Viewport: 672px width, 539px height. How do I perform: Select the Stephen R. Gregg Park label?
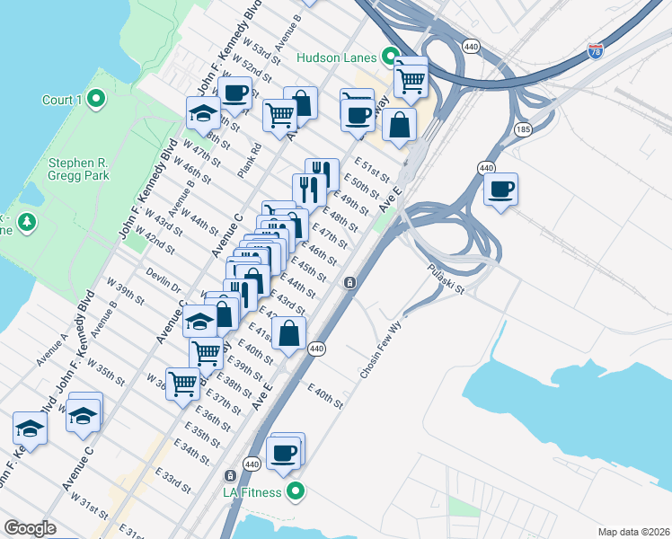point(79,169)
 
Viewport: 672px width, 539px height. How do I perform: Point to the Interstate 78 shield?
point(596,51)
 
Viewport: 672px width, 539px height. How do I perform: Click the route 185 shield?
point(522,130)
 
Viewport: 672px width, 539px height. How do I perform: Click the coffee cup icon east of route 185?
point(500,190)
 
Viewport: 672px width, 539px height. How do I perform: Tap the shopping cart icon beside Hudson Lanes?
point(411,79)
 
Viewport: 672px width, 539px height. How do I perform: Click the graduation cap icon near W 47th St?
point(203,113)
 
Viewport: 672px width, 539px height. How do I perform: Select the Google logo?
point(30,528)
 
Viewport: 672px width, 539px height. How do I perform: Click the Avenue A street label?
point(52,349)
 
